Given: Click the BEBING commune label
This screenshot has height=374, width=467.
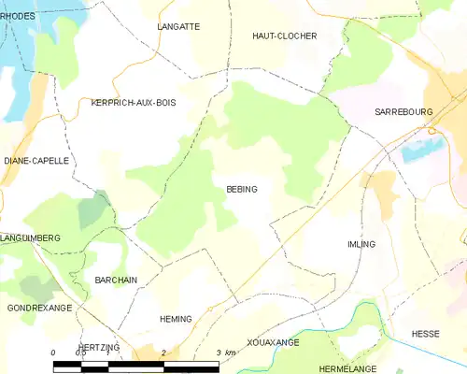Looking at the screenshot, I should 242,189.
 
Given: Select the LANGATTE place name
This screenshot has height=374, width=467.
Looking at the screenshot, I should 179,27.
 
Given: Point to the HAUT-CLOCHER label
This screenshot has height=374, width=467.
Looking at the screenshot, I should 285,36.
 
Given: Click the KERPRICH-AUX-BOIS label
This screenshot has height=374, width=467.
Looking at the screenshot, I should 134,102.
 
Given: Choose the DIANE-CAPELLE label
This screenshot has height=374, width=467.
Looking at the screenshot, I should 36,161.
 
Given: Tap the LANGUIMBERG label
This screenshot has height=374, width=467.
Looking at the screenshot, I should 30,238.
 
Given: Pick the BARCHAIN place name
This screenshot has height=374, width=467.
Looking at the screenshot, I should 117,280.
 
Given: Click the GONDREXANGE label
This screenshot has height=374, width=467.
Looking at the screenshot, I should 39,308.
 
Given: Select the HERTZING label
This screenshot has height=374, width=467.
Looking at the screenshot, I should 99,347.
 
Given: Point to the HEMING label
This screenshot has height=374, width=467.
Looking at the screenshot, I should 176,319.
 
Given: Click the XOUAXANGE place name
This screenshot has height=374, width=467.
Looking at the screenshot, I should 274,343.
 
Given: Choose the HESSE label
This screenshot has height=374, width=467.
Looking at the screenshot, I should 426,334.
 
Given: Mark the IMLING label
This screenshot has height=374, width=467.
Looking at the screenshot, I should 361,244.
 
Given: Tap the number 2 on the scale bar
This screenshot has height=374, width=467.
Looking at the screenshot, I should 164,352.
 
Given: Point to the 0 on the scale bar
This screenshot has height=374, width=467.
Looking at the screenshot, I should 54,352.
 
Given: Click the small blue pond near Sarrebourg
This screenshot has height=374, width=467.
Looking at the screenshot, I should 420,149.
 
